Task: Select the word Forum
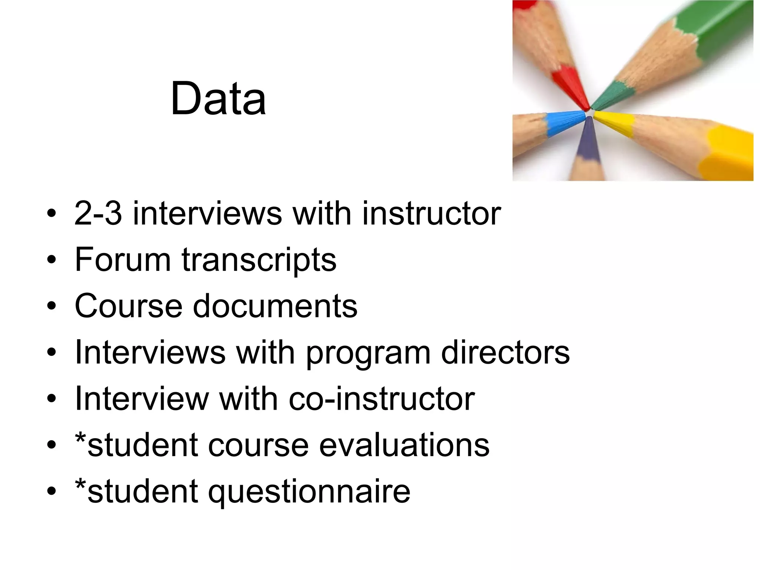click(x=122, y=259)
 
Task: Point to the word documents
click(x=275, y=306)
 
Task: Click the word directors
click(x=505, y=352)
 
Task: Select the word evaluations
click(x=404, y=445)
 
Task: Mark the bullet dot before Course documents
click(x=52, y=307)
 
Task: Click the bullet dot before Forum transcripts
click(x=52, y=260)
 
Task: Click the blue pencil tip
click(x=564, y=122)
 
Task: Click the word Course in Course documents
click(x=128, y=306)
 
